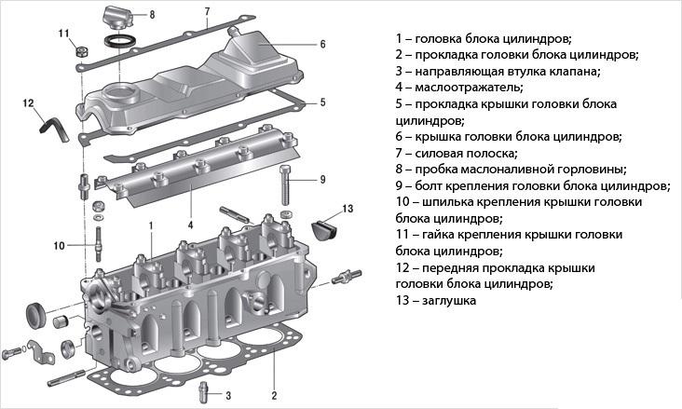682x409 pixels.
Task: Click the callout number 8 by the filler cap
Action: pyautogui.click(x=152, y=16)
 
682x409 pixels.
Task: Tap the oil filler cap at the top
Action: pyautogui.click(x=116, y=17)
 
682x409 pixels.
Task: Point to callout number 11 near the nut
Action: pyautogui.click(x=64, y=34)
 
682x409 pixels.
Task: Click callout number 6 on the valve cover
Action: pyautogui.click(x=321, y=44)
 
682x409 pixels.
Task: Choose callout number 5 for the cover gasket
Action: pyautogui.click(x=321, y=102)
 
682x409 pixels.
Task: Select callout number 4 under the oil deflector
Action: pyautogui.click(x=190, y=225)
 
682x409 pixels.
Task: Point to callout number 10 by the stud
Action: pyautogui.click(x=58, y=246)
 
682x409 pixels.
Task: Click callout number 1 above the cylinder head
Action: pyautogui.click(x=150, y=225)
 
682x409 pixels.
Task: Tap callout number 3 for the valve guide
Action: pyautogui.click(x=227, y=395)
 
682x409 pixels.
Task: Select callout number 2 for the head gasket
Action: pyautogui.click(x=274, y=395)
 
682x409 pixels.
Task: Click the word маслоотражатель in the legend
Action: pyautogui.click(x=467, y=89)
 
